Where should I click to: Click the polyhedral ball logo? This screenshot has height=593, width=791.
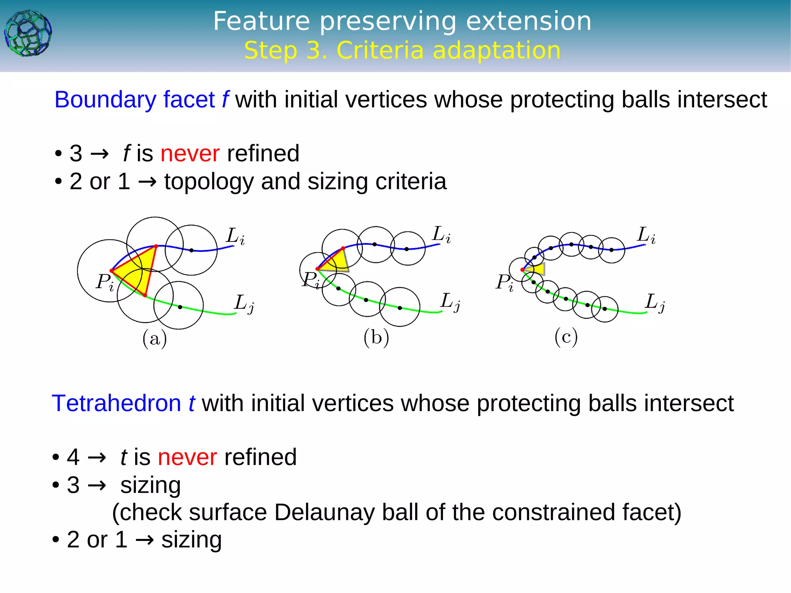(28, 34)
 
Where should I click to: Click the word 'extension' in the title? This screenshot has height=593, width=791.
(528, 21)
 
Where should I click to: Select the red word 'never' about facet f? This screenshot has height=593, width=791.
(190, 153)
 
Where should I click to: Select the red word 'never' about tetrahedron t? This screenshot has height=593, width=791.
(187, 457)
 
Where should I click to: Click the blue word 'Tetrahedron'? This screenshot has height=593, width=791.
(116, 403)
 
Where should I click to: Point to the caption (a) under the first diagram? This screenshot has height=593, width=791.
(154, 339)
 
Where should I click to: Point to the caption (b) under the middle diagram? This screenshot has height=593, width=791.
(376, 338)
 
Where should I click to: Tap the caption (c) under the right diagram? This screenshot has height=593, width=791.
(566, 337)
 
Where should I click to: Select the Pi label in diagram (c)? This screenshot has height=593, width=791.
(504, 282)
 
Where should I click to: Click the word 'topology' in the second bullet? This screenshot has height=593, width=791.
(209, 182)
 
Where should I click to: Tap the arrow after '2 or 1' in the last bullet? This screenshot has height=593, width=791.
(145, 540)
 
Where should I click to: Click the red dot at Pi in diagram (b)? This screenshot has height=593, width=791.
(317, 269)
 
